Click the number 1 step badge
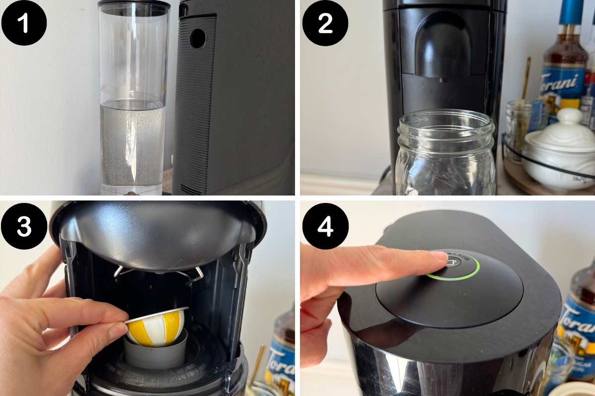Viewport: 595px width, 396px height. (x=24, y=23)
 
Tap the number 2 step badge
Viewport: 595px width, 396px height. (x=325, y=23)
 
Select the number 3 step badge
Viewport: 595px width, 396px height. (x=24, y=226)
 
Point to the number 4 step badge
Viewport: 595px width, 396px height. (x=325, y=226)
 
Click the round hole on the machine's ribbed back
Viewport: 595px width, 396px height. (x=198, y=38)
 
